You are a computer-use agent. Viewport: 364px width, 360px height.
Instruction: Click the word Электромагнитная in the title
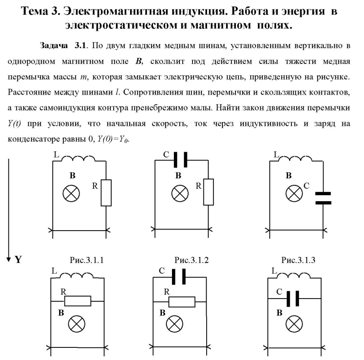(x=116, y=11)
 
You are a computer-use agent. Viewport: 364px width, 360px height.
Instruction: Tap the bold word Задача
(x=54, y=45)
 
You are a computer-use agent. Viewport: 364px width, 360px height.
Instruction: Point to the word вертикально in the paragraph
(x=317, y=45)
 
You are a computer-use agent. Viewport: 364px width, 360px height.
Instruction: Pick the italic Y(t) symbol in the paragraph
(x=14, y=123)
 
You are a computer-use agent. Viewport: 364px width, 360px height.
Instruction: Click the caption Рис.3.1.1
(x=87, y=260)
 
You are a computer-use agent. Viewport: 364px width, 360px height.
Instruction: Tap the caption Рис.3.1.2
(x=192, y=260)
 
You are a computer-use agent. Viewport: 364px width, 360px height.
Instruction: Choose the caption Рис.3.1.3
(x=298, y=260)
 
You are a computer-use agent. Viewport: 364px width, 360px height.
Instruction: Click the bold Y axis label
(x=18, y=259)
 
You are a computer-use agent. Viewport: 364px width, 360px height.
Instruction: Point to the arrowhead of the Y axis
(x=9, y=260)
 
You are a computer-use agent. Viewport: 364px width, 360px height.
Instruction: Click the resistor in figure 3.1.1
(x=106, y=193)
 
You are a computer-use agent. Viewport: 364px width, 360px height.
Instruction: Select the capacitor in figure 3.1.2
(x=181, y=160)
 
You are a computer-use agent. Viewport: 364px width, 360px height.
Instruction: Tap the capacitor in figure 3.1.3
(x=323, y=198)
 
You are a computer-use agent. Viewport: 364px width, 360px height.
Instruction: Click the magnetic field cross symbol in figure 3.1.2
(x=180, y=194)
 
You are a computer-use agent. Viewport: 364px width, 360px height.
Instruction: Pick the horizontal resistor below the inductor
(x=78, y=301)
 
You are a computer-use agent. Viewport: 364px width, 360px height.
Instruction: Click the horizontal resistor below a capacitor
(x=182, y=302)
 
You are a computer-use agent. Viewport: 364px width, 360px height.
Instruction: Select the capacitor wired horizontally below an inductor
(x=293, y=299)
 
